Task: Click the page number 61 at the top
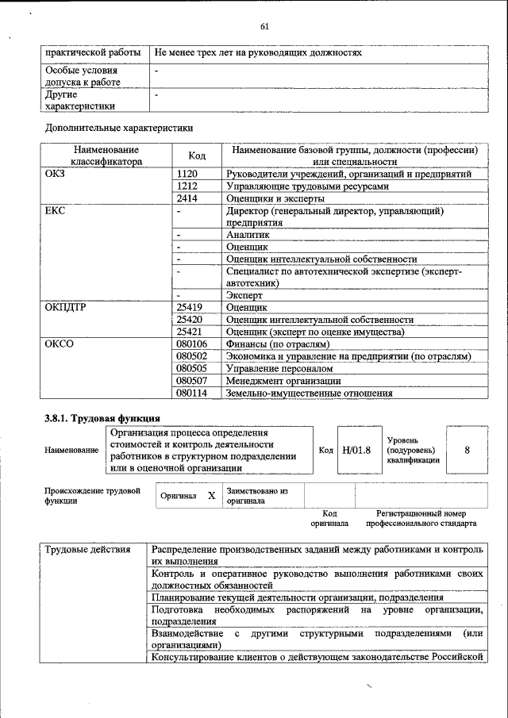tap(265, 27)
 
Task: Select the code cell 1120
tap(187, 174)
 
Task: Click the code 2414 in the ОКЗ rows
tap(187, 199)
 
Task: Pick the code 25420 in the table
tap(190, 319)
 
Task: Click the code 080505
tap(192, 368)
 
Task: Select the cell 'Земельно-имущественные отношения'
tap(310, 393)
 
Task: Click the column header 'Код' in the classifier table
tap(196, 155)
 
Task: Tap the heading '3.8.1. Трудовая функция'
tap(102, 417)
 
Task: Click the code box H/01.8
tap(356, 450)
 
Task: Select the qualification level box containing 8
tap(467, 450)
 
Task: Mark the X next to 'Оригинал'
tap(211, 495)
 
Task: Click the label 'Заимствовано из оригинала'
tap(256, 496)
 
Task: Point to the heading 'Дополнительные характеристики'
tap(119, 127)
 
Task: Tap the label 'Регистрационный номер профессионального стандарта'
tap(421, 519)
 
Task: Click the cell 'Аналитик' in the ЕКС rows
tap(248, 235)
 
